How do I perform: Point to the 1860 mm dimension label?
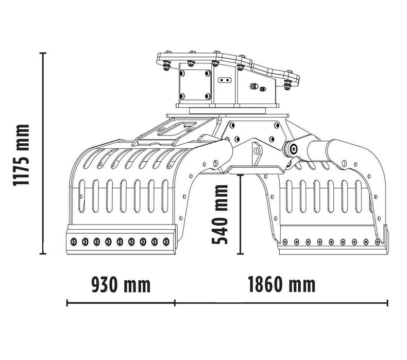[281, 284]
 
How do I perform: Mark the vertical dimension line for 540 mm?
[240, 214]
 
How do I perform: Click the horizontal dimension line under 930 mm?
[121, 303]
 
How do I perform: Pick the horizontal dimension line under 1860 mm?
[281, 303]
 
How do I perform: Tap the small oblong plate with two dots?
[223, 80]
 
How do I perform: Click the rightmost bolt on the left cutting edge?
[166, 241]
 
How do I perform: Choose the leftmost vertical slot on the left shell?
[81, 196]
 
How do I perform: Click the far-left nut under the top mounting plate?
[166, 65]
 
